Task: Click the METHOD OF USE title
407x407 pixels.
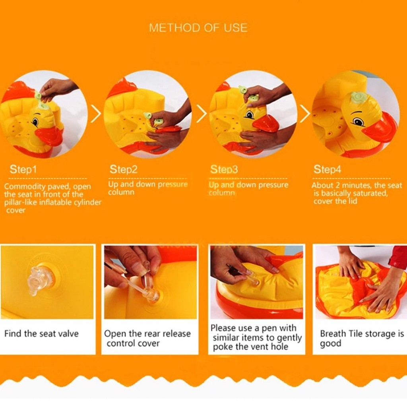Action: (x=198, y=28)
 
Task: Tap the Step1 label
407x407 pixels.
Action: (x=23, y=169)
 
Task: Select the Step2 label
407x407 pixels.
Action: (x=123, y=169)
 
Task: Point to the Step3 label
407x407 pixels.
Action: (x=224, y=169)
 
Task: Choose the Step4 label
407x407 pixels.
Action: (x=328, y=169)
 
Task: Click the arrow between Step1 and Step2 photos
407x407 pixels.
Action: (x=97, y=114)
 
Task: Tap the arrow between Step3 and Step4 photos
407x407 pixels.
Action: (x=305, y=114)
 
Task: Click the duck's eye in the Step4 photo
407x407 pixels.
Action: (x=358, y=121)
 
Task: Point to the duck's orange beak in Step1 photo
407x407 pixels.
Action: (x=49, y=136)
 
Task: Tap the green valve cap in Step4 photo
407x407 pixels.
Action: (x=357, y=98)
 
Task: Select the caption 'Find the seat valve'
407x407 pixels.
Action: (x=41, y=333)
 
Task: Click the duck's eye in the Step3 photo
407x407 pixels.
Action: (x=250, y=114)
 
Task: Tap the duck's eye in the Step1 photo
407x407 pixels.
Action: (x=35, y=122)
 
